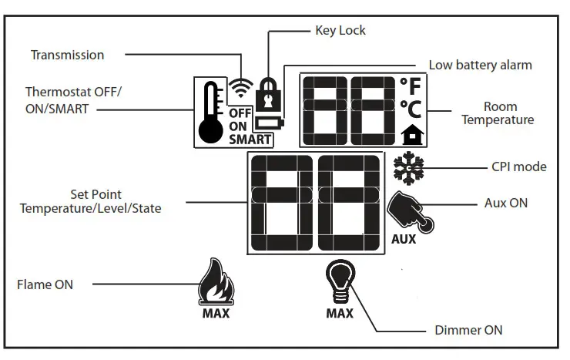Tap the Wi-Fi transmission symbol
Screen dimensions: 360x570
241,89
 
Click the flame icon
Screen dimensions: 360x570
215,284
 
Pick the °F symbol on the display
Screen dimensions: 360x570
411,86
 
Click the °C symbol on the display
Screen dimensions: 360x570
411,109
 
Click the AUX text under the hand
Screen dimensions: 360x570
403,239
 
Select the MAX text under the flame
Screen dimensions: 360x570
216,313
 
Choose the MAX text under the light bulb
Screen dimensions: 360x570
340,313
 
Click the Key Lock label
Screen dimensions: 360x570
340,31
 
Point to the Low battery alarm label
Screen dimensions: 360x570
480,65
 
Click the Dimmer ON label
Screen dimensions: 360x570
468,330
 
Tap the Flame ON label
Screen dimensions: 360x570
45,284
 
